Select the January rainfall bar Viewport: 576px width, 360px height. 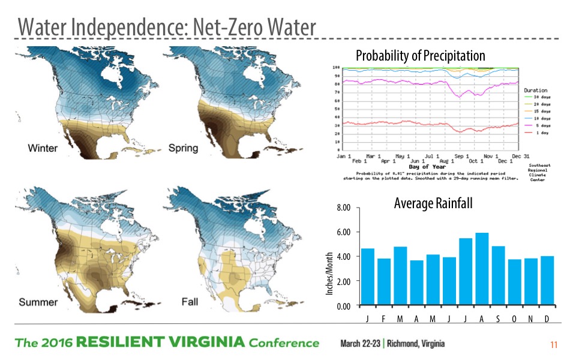click(368, 277)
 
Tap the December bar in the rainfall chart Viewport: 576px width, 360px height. click(547, 281)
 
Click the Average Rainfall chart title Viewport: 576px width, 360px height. click(433, 204)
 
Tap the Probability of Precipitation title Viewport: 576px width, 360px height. click(420, 56)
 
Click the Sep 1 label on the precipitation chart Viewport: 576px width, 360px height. click(460, 155)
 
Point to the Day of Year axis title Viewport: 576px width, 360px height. click(427, 166)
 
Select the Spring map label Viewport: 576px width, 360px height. click(183, 148)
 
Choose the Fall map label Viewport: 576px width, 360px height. click(190, 302)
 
